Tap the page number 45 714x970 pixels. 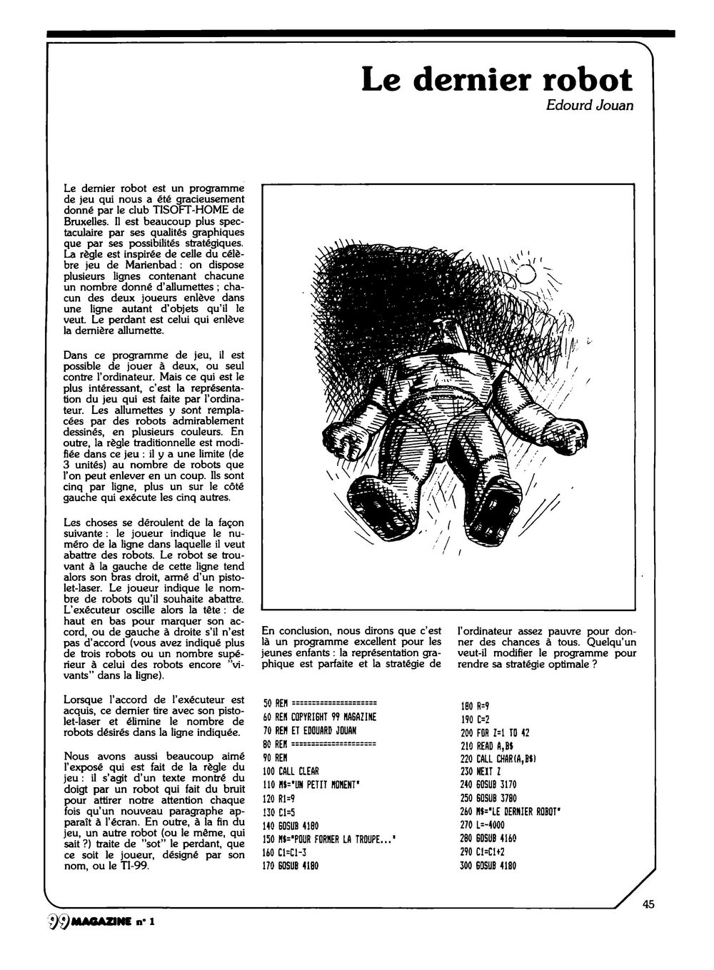648,904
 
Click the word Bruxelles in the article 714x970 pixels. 89,221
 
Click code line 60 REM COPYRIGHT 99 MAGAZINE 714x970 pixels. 320,717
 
